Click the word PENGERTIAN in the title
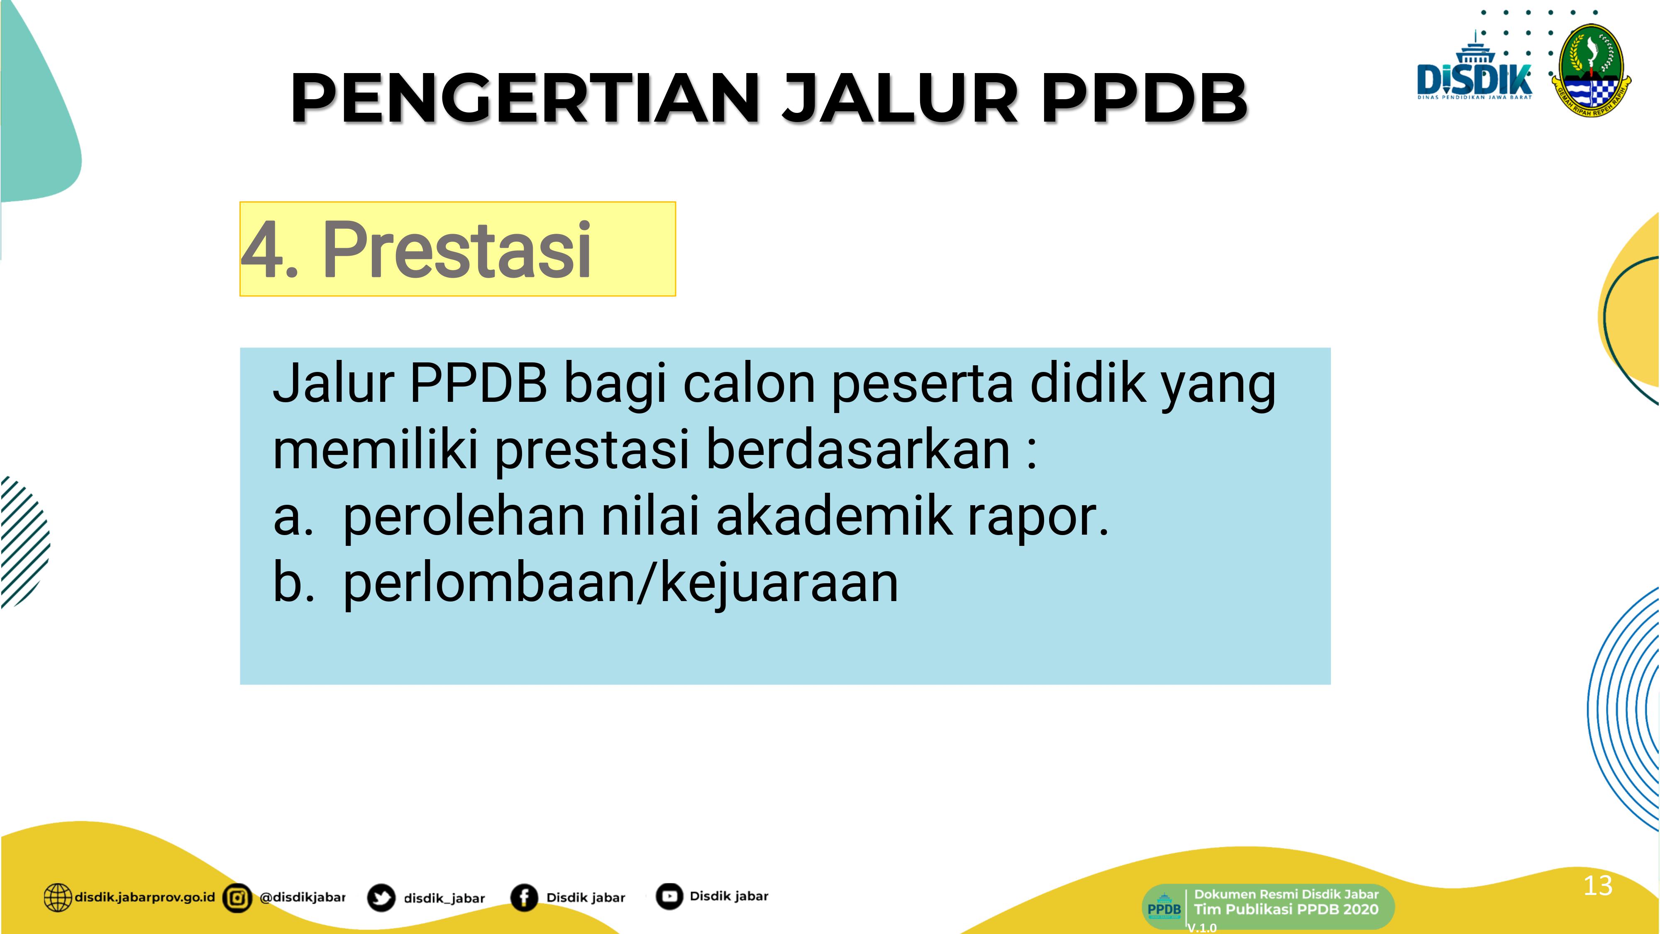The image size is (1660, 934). [526, 98]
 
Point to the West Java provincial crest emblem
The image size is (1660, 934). [1590, 71]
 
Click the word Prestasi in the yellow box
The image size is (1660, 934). [457, 250]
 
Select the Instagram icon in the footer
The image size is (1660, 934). [237, 898]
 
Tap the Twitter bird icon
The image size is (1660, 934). [381, 898]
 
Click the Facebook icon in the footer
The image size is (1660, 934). [524, 897]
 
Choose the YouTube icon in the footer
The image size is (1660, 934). [669, 896]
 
